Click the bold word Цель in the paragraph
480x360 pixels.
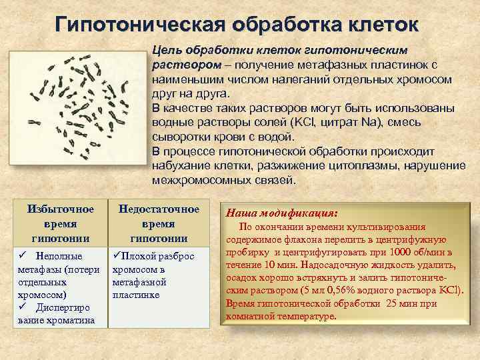(167, 51)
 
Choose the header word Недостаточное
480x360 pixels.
(159, 209)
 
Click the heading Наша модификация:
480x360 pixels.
(282, 214)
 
